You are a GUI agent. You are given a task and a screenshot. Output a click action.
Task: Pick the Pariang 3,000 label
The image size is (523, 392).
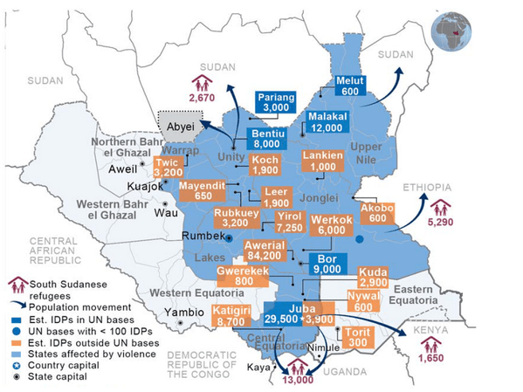pos(276,101)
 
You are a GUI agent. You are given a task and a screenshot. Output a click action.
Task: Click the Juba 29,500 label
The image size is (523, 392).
pos(285,315)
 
